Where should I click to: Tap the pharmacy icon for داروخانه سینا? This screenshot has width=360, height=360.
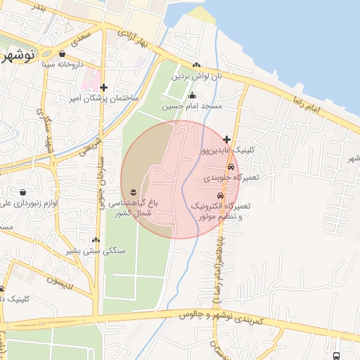tap(63, 53)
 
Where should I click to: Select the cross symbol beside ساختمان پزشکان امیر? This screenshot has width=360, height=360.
tap(104, 88)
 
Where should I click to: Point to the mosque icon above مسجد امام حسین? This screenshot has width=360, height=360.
tap(192, 96)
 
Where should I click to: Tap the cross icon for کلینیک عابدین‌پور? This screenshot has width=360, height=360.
tap(226, 140)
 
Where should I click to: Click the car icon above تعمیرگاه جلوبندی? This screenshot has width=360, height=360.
tap(231, 167)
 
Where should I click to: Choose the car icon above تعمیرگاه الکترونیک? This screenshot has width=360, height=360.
tap(220, 195)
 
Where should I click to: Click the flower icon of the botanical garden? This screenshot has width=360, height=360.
tap(134, 192)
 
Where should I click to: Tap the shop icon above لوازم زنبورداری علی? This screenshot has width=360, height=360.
tap(24, 191)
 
